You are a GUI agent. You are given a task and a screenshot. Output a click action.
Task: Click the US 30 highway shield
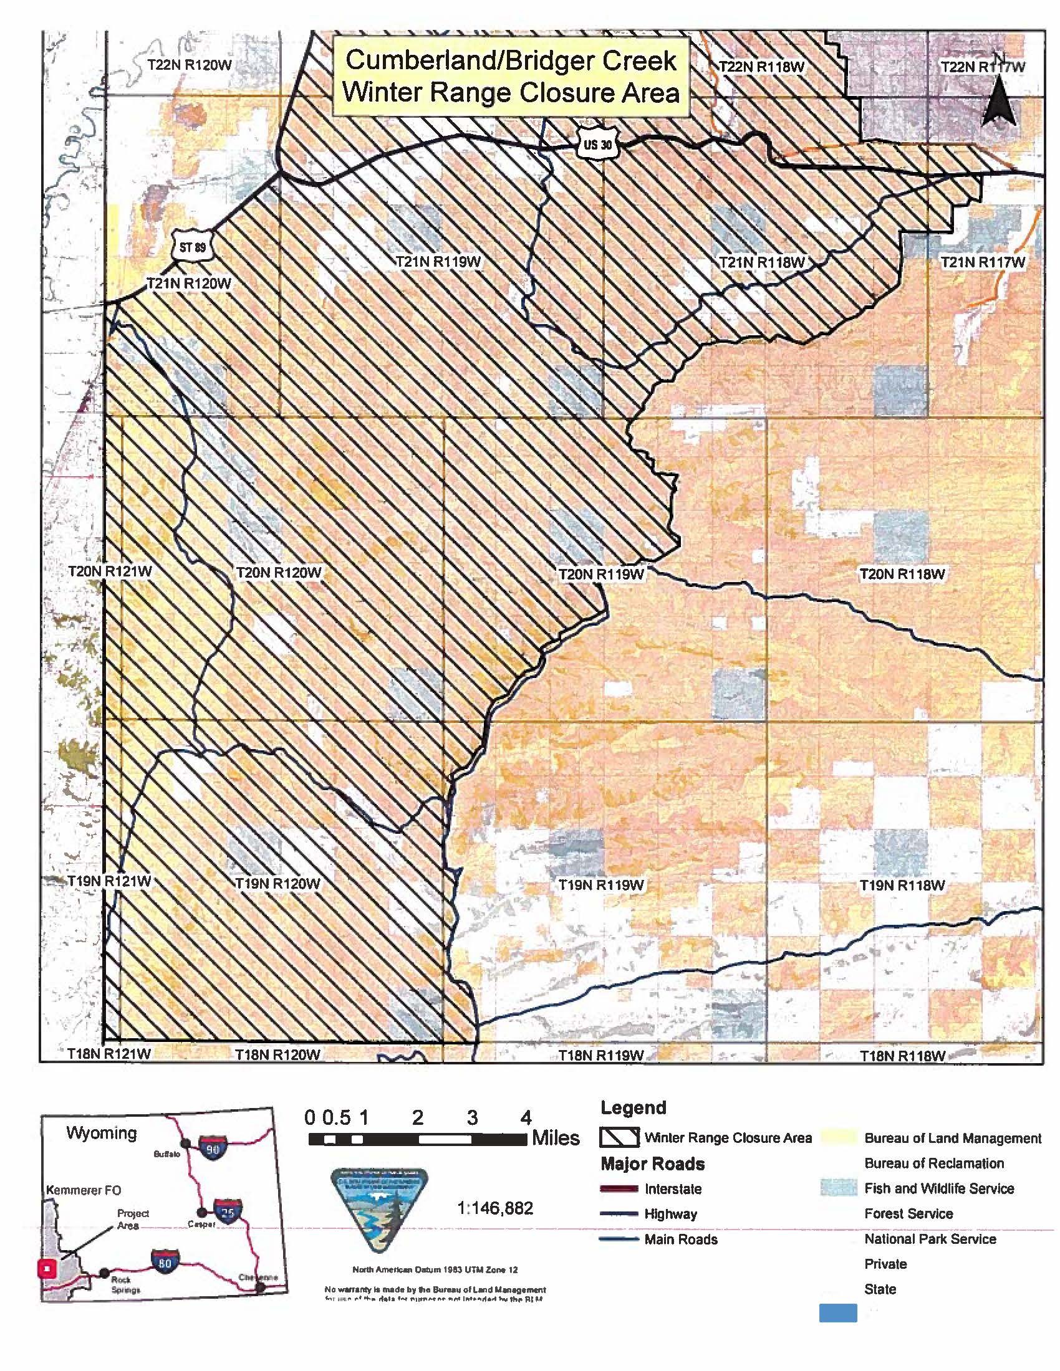pos(597,145)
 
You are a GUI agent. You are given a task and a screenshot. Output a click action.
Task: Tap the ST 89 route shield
pos(192,247)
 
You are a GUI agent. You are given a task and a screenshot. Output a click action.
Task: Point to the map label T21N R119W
pos(438,262)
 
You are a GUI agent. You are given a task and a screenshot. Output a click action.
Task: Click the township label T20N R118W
pos(902,573)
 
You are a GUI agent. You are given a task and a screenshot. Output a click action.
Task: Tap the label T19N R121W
pos(109,881)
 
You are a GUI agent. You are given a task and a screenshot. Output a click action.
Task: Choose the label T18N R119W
pos(601,1055)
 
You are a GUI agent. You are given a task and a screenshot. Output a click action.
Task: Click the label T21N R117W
pos(983,262)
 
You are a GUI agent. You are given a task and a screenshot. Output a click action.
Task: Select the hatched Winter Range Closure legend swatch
pos(619,1137)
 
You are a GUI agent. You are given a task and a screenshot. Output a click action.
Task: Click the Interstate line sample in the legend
pos(619,1188)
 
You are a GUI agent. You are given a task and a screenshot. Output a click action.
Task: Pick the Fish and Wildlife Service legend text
pos(939,1188)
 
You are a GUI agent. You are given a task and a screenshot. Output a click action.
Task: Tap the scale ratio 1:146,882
pos(496,1208)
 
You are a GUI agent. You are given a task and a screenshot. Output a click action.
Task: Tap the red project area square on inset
pos(47,1268)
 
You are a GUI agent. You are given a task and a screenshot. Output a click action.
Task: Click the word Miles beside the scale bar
pos(555,1137)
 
